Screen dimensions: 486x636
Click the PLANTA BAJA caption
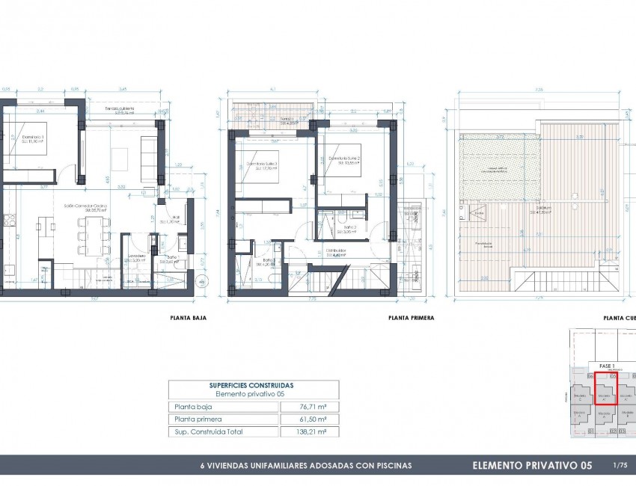pos(189,318)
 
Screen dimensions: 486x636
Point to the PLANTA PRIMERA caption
pos(411,318)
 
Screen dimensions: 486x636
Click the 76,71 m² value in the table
pos(309,407)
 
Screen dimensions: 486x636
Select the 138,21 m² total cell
pos(309,431)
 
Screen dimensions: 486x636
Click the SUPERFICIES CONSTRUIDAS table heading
pos(251,385)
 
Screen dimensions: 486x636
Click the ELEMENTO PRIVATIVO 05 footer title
pos(532,466)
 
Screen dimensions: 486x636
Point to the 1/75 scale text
pos(620,466)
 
